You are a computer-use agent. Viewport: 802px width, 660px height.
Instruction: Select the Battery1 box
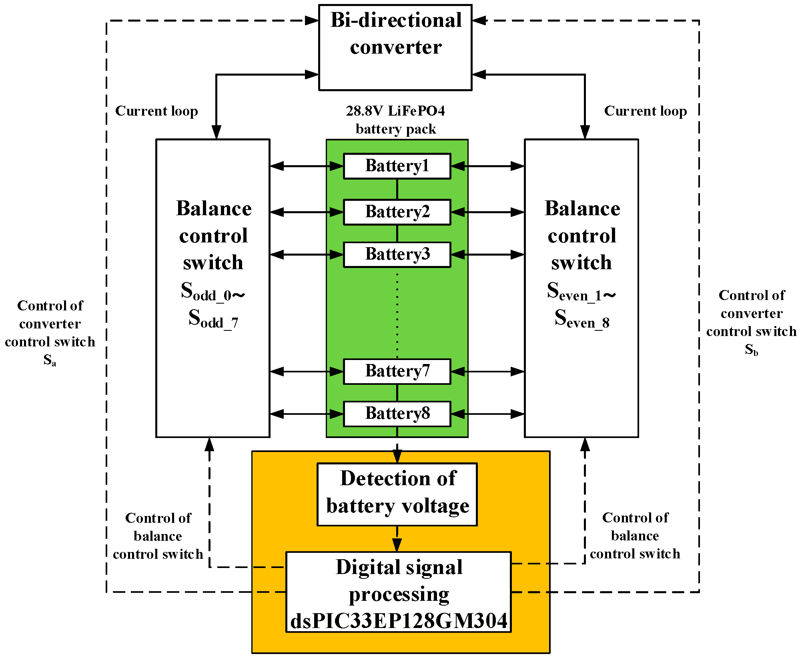point(397,166)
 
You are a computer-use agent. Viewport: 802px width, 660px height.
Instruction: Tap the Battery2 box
point(397,212)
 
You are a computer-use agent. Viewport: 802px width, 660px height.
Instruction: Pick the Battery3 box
point(397,254)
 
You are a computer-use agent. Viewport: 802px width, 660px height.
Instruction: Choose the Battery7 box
point(397,371)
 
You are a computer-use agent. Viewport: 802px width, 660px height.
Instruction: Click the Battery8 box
point(397,414)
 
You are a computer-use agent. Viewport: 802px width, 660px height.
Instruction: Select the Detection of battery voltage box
point(397,494)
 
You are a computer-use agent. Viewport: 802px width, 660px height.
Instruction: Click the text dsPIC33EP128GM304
point(399,621)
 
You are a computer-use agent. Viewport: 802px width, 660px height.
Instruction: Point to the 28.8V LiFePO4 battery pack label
point(395,120)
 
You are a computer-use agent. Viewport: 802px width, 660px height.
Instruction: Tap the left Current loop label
point(156,111)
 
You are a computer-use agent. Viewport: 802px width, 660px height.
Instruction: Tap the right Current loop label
point(646,111)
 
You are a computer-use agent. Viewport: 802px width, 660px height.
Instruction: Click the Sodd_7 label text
point(213,319)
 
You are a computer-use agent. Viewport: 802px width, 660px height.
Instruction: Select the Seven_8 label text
point(582,319)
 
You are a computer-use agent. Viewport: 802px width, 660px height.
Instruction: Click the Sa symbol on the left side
point(50,360)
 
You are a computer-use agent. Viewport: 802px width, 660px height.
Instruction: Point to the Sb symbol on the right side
point(751,350)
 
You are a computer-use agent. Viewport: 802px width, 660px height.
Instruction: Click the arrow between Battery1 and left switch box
point(307,166)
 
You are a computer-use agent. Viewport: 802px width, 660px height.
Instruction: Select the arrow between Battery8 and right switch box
point(487,414)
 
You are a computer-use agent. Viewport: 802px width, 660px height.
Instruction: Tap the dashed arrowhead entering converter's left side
point(311,20)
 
